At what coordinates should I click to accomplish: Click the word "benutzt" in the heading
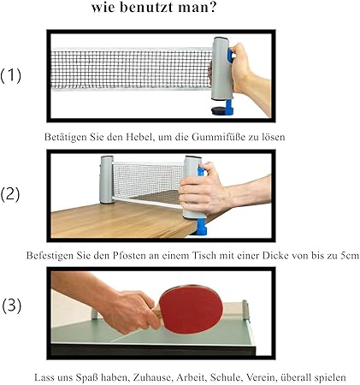tap(146, 7)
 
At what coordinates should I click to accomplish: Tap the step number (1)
tap(10, 76)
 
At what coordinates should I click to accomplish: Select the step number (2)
tap(10, 195)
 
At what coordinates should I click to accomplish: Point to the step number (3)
tap(11, 306)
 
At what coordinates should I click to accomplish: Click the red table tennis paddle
tap(190, 309)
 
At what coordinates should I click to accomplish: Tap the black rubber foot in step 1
tap(219, 110)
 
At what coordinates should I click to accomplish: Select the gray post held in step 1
tap(221, 68)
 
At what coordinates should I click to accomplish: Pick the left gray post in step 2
tap(107, 180)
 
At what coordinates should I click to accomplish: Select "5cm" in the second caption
tap(350, 256)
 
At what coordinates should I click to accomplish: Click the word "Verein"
tap(262, 377)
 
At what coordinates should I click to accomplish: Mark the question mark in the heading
tap(211, 7)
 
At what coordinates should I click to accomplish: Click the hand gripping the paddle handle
tap(130, 311)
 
